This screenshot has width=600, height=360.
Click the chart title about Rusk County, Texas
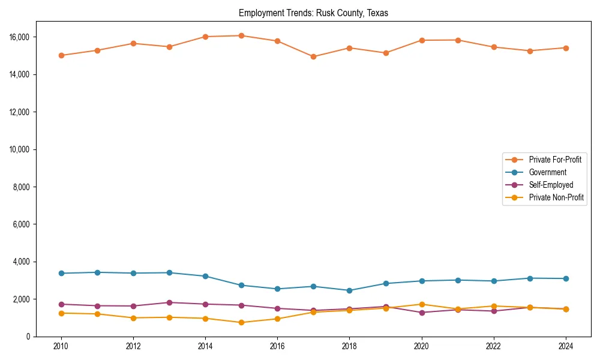coord(313,13)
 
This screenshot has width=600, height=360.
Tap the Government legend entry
coord(547,172)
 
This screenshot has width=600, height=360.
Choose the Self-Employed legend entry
coord(551,185)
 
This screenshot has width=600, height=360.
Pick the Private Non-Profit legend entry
coord(556,197)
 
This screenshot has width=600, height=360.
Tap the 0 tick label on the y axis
coord(29,337)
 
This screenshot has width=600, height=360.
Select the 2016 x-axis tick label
coord(277,346)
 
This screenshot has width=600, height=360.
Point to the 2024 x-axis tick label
coord(566,346)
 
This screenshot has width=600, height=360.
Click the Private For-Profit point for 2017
coord(313,56)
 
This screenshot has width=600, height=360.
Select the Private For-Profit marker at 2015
coord(241,35)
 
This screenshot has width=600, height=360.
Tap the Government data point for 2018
coord(350,290)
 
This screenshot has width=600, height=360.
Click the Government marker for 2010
coord(61,273)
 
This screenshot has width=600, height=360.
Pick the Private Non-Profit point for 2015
coord(241,322)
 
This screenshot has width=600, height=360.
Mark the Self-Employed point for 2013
coord(169,302)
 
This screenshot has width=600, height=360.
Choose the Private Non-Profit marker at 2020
coord(422,304)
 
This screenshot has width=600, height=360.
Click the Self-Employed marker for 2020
coord(422,313)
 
